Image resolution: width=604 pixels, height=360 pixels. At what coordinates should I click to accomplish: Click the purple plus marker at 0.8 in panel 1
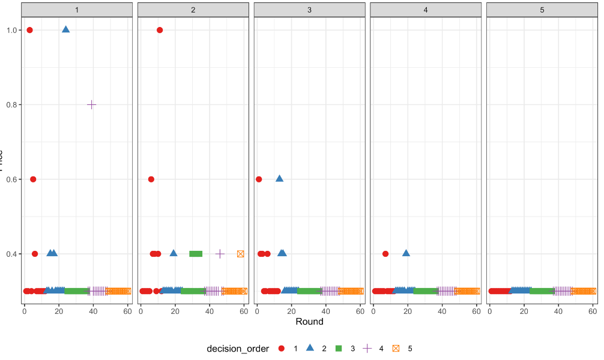coord(91,104)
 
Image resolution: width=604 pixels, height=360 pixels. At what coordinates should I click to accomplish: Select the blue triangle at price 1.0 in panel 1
coord(65,29)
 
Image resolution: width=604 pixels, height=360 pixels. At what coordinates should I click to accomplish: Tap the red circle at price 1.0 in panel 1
coord(29,30)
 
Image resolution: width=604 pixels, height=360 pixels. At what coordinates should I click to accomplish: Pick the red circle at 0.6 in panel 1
coord(33,179)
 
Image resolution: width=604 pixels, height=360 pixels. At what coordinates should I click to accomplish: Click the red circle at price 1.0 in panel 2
coord(160,30)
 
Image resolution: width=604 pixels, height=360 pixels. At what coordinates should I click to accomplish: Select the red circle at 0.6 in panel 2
coord(151,179)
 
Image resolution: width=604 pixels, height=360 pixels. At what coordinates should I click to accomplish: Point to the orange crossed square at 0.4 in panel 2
coord(241,254)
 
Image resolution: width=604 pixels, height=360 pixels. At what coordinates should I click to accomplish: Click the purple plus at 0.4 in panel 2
coord(220,254)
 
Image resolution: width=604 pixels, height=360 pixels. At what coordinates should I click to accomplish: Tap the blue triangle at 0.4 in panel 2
coord(174,253)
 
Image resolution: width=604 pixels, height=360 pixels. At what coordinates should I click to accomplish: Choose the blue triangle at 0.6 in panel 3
coord(279,178)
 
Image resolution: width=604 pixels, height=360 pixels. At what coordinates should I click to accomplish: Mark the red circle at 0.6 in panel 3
coord(259,179)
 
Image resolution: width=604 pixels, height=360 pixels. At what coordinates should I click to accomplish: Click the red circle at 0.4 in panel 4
coord(385,254)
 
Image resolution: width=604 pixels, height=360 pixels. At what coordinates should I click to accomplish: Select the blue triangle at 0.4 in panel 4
coord(406,253)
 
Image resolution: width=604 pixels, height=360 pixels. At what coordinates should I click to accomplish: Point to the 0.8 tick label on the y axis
coord(11,105)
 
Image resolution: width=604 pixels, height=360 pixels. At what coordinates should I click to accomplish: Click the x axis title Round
coord(309,322)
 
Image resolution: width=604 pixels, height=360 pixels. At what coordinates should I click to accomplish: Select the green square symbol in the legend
coord(339,349)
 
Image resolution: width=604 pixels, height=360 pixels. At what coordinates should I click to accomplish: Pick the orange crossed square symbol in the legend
coord(396,349)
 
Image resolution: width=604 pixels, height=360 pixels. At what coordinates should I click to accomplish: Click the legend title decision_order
coord(237,349)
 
